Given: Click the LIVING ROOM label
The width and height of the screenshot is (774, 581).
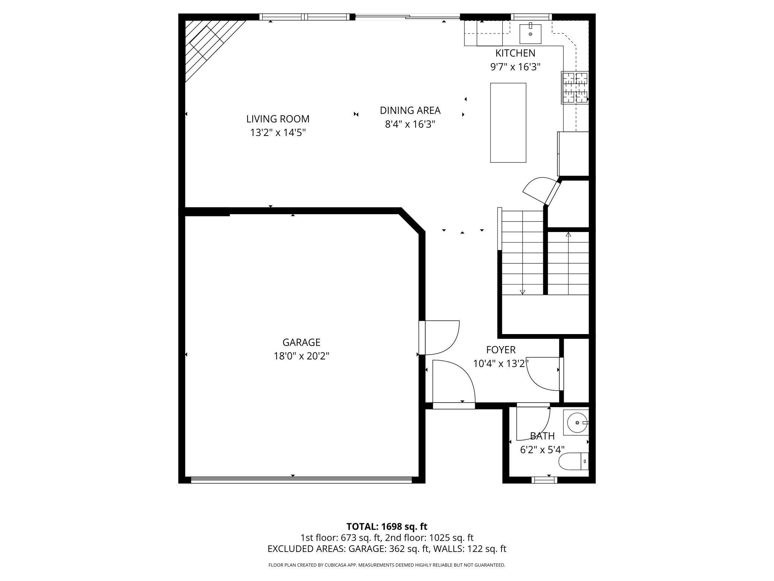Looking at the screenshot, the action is point(278,119).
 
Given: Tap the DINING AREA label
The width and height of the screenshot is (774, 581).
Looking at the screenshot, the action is point(410,111).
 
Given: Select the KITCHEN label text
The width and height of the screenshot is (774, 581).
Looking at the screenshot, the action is point(515,53).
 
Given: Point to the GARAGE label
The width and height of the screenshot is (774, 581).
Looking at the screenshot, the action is point(301,342).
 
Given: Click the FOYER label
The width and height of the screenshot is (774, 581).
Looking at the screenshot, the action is point(501,350).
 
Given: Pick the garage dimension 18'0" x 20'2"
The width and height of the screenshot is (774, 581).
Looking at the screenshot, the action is point(301,356).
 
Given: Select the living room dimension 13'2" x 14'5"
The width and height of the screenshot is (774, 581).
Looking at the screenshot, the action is point(278,133).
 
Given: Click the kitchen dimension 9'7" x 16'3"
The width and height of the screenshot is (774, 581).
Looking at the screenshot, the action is point(515,67).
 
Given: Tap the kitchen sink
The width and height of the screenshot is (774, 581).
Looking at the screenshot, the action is point(530,33).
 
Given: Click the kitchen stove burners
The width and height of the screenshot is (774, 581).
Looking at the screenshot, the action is point(575,88).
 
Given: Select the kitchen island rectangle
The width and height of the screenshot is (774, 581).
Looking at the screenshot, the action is point(508,123).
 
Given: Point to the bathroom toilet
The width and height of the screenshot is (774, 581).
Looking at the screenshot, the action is point(573,461).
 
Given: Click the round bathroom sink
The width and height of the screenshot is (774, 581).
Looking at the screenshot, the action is point(576,423).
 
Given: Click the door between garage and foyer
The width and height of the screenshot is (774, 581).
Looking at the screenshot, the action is point(439,337).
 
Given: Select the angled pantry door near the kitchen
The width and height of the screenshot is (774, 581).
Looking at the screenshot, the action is point(542,191).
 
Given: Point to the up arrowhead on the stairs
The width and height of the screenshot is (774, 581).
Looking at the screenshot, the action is point(568,235).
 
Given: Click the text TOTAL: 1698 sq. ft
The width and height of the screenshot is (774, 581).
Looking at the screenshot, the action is point(387,527).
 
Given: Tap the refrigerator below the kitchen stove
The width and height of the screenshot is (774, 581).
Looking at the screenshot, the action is point(573,154).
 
